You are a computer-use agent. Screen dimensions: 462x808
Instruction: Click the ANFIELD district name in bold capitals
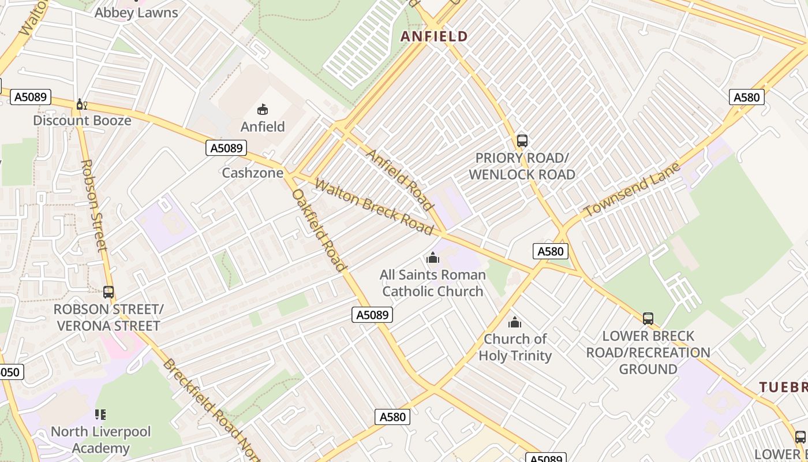434,37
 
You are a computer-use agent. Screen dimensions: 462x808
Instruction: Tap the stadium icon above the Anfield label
263,109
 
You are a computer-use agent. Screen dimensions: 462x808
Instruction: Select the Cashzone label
253,173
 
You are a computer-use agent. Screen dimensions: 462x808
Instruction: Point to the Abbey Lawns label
136,13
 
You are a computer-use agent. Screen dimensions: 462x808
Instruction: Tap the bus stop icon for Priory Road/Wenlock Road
522,140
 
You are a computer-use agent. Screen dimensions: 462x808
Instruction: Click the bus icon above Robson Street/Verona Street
109,292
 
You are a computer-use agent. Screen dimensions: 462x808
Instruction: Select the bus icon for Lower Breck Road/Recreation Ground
648,318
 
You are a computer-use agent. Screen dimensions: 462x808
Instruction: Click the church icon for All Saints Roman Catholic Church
433,258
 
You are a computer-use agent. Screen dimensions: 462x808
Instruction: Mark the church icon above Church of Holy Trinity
515,322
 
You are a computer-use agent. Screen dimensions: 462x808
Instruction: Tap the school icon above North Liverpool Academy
100,415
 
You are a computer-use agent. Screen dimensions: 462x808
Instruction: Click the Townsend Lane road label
628,190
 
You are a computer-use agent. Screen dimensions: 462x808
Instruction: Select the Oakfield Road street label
319,230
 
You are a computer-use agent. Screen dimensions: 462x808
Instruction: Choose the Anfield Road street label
399,180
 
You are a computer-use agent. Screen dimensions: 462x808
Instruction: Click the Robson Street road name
94,206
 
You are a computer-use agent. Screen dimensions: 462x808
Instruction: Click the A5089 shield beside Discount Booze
31,96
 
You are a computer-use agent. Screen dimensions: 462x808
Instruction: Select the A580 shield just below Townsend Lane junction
550,251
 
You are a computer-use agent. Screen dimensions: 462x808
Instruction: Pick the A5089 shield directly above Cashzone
226,148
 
